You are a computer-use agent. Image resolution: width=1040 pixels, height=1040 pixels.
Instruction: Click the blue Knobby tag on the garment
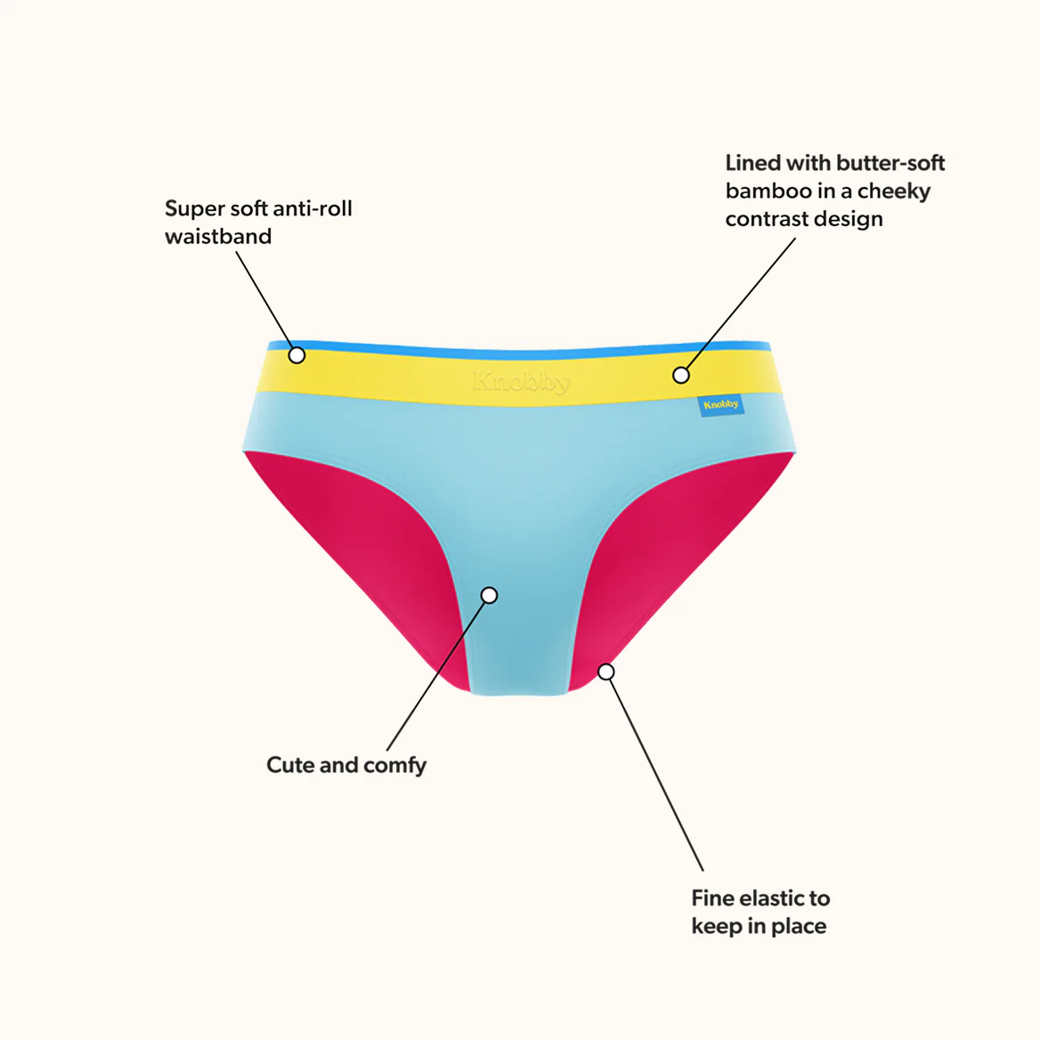(721, 404)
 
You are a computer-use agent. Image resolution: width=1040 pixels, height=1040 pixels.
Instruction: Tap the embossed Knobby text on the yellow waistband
(521, 382)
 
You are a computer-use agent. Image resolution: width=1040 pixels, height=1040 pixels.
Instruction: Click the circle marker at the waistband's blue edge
(297, 355)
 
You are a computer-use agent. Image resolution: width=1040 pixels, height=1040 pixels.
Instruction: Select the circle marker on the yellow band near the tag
(680, 375)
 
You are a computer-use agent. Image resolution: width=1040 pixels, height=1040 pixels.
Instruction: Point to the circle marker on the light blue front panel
(489, 595)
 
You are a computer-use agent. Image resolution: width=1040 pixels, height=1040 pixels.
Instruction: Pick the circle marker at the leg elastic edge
(605, 672)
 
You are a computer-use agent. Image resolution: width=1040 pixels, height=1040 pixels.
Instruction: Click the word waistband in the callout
(218, 236)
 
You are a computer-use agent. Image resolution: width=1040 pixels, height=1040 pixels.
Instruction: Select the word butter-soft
(890, 162)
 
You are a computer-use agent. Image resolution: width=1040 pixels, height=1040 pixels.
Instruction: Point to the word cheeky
(894, 191)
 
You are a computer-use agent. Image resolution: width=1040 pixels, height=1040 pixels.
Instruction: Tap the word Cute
(290, 765)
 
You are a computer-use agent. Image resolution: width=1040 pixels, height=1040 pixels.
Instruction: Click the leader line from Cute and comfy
(435, 676)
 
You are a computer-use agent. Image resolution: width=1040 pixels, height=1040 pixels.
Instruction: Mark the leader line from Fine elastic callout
(656, 774)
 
